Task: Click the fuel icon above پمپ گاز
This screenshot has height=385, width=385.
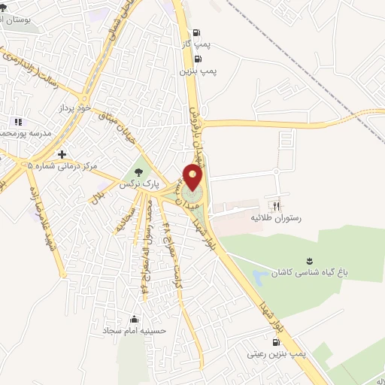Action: click(197, 32)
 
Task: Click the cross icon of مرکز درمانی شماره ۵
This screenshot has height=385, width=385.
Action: click(62, 154)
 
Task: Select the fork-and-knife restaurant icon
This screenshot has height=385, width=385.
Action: click(277, 205)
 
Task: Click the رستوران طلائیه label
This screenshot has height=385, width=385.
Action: click(274, 217)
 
